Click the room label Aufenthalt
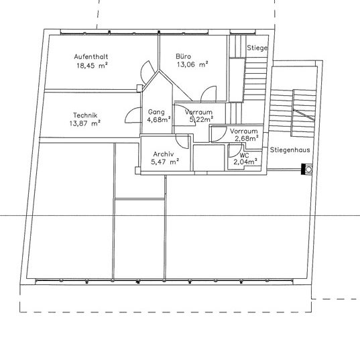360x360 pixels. (x=92, y=57)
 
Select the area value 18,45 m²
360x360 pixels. (x=92, y=66)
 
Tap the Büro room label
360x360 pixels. (x=184, y=57)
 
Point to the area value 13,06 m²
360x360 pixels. (x=192, y=66)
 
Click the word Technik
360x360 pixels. (x=84, y=115)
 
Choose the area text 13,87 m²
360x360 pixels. (x=84, y=123)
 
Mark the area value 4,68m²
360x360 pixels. (x=158, y=120)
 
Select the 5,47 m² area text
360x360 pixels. (x=165, y=162)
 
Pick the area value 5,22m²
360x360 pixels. (x=201, y=120)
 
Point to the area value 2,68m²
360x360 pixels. (x=245, y=139)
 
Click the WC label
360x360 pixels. (x=244, y=154)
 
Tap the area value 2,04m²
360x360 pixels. (x=244, y=162)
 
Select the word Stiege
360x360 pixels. (x=257, y=48)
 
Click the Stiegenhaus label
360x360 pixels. (x=289, y=152)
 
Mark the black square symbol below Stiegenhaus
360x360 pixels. (x=306, y=170)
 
